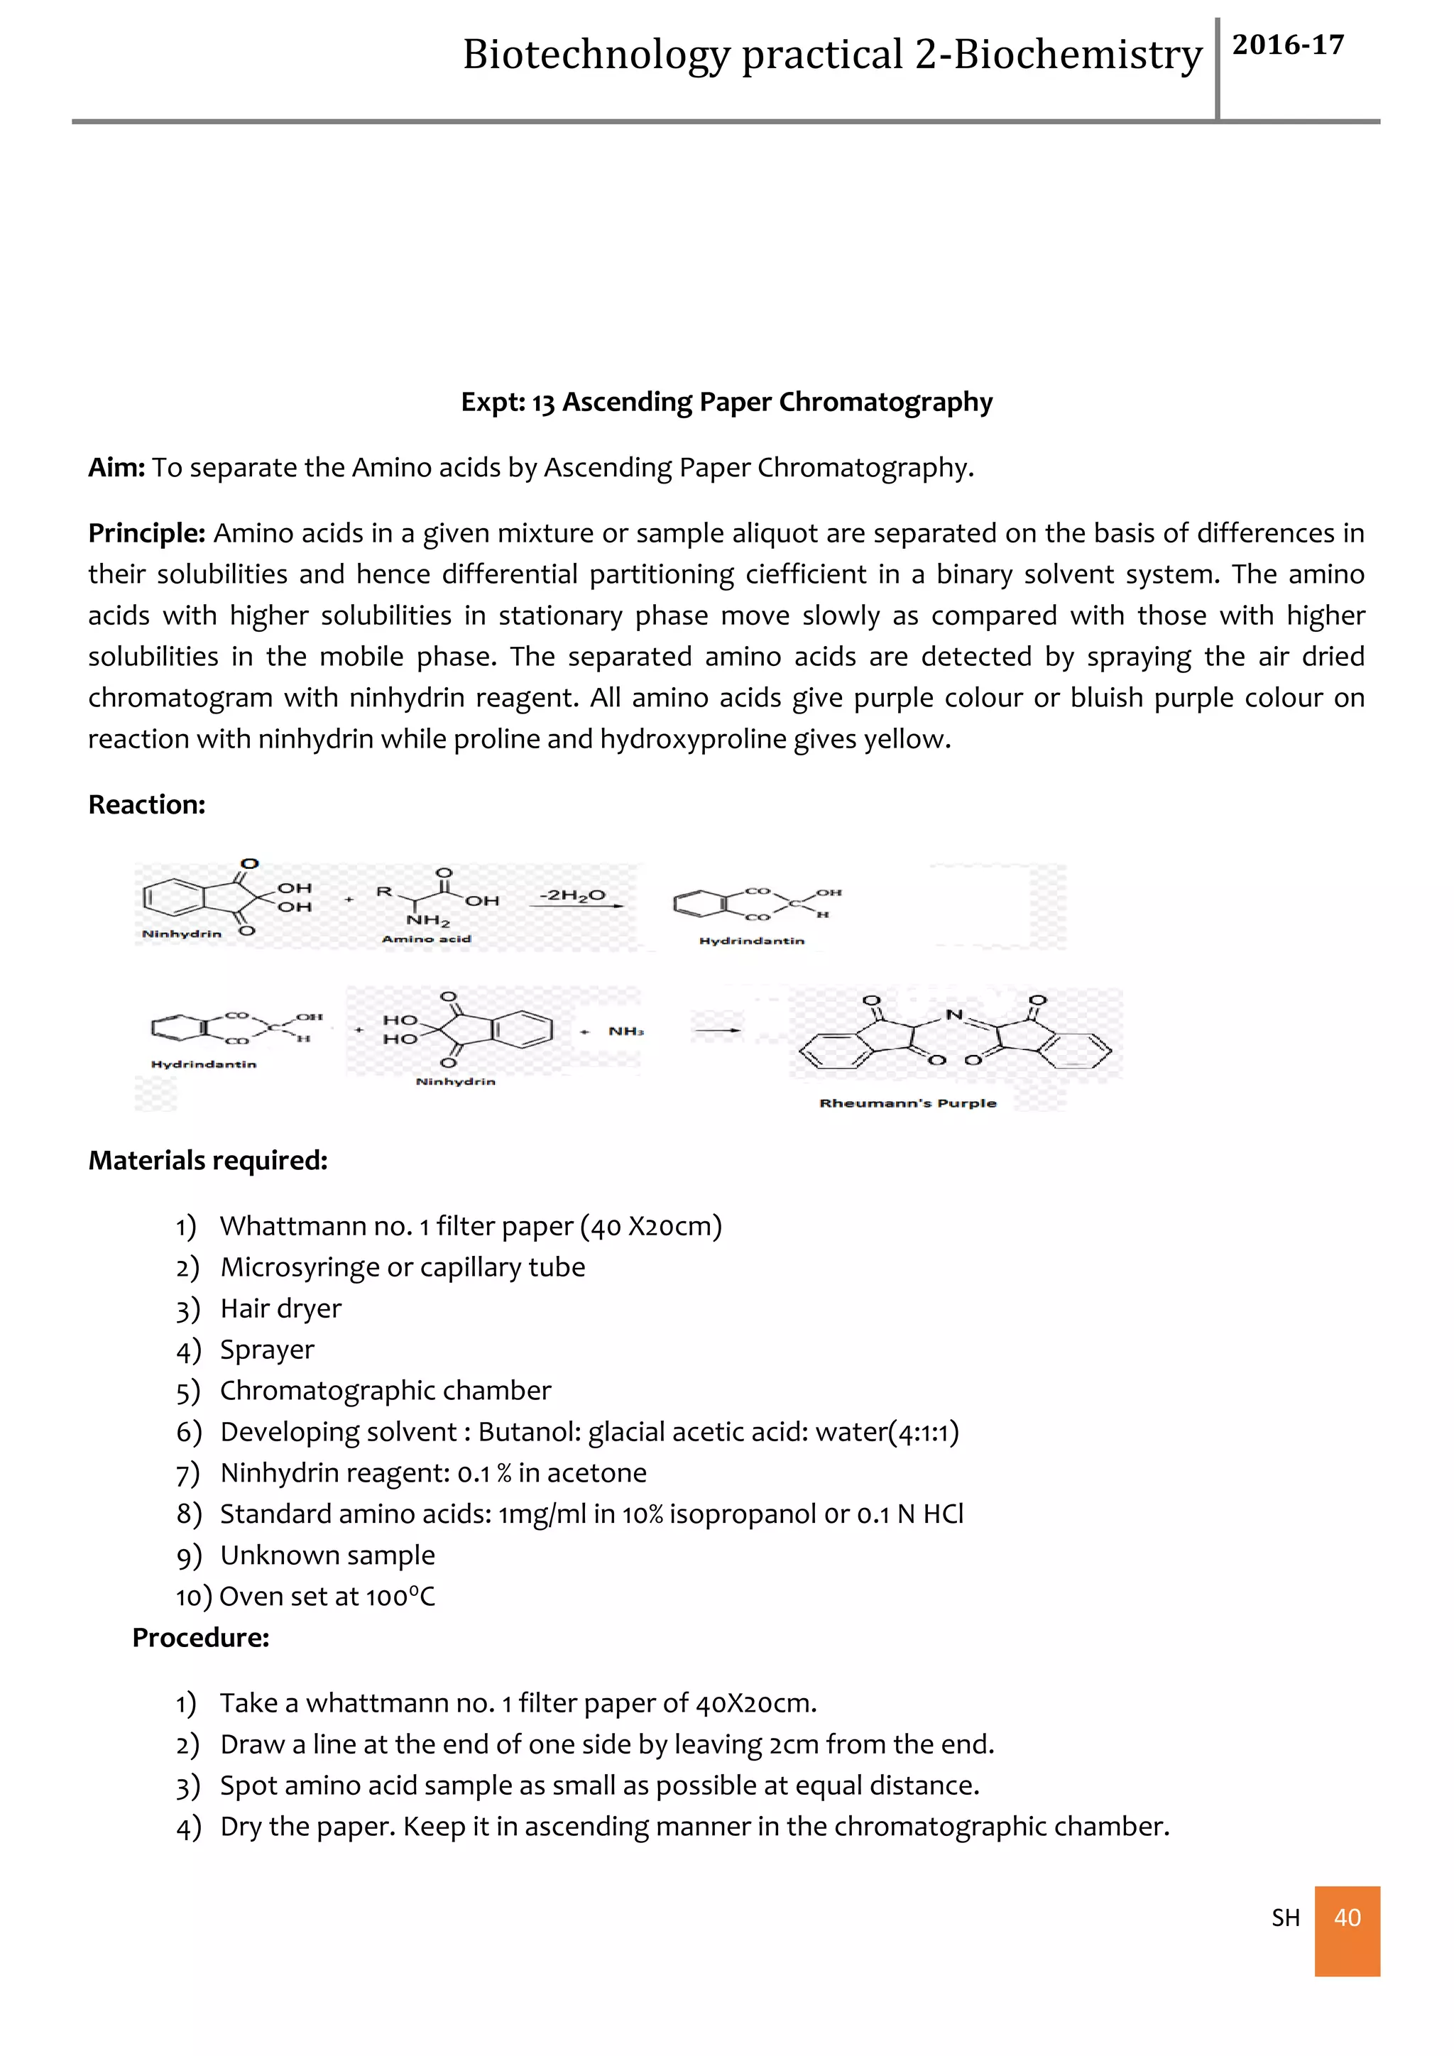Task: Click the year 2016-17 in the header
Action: [x=1287, y=45]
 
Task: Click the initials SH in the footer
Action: [x=1285, y=1918]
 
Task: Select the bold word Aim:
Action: [x=116, y=467]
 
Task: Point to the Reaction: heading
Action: [x=147, y=804]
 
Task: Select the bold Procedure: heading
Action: [x=200, y=1637]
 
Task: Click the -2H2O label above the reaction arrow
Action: [x=572, y=895]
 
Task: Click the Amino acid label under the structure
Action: [x=426, y=939]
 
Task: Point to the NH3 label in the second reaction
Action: [x=625, y=1031]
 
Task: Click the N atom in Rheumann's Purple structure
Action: [x=953, y=1015]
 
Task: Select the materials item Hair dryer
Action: [x=280, y=1308]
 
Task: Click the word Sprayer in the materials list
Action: [x=267, y=1350]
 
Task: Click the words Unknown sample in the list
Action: [x=328, y=1555]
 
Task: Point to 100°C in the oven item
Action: [x=400, y=1597]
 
